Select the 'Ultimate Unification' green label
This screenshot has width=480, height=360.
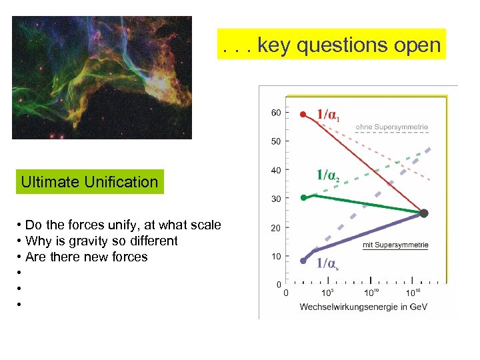pyautogui.click(x=89, y=182)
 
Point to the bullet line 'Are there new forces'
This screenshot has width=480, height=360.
pyautogui.click(x=86, y=257)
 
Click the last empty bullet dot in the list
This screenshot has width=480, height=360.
pyautogui.click(x=21, y=305)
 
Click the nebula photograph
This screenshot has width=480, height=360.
pyautogui.click(x=101, y=77)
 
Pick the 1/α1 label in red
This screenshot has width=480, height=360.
pyautogui.click(x=327, y=115)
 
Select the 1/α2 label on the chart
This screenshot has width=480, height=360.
pyautogui.click(x=327, y=176)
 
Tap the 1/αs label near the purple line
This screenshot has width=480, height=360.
pyautogui.click(x=327, y=263)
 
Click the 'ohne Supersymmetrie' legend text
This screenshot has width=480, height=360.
pyautogui.click(x=391, y=126)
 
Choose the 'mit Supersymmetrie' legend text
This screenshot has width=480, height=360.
pyautogui.click(x=395, y=245)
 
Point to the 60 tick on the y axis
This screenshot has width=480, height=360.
pyautogui.click(x=275, y=113)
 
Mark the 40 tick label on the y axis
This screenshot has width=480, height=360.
pyautogui.click(x=275, y=170)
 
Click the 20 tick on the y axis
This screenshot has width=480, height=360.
pyautogui.click(x=275, y=228)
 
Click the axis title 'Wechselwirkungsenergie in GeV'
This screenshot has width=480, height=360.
pyautogui.click(x=363, y=307)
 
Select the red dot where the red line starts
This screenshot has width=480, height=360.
pyautogui.click(x=303, y=115)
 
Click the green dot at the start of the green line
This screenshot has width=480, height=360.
pyautogui.click(x=303, y=197)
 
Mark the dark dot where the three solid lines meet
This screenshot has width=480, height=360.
pyautogui.click(x=423, y=213)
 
